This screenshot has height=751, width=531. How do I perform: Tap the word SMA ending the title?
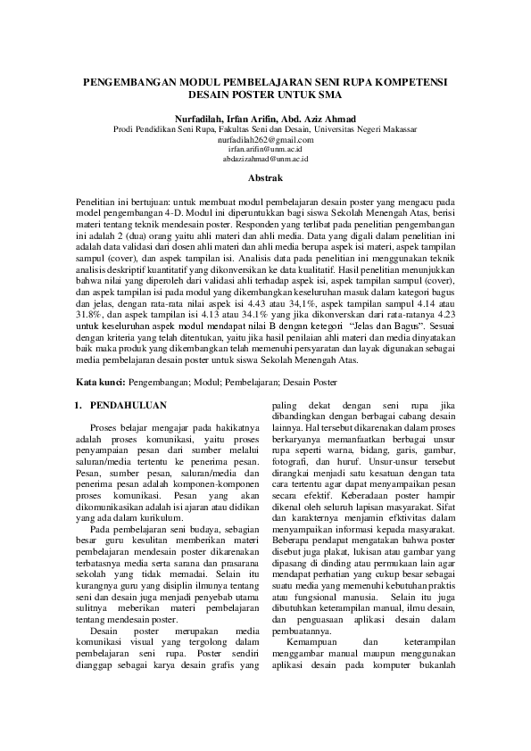pyautogui.click(x=328, y=94)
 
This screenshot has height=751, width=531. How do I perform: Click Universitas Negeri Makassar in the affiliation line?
pyautogui.click(x=372, y=129)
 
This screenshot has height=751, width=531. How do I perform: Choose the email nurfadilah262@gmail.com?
pyautogui.click(x=265, y=140)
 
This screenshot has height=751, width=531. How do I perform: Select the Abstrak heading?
pyautogui.click(x=265, y=178)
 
